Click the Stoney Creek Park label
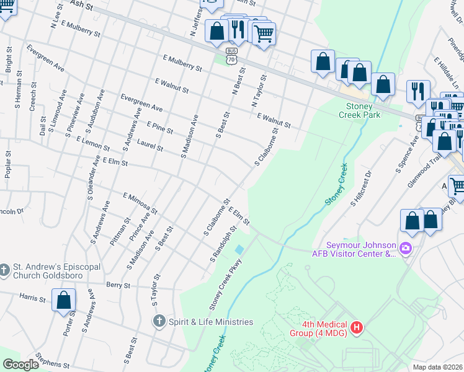[363, 110]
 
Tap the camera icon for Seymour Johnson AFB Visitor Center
[406, 249]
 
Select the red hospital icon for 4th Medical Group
[356, 327]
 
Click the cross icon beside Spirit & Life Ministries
[159, 321]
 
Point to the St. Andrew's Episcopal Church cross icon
[5, 270]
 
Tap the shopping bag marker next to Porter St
[63, 301]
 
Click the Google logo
[21, 365]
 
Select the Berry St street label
[118, 285]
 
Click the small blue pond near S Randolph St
[239, 249]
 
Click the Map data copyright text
[437, 366]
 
